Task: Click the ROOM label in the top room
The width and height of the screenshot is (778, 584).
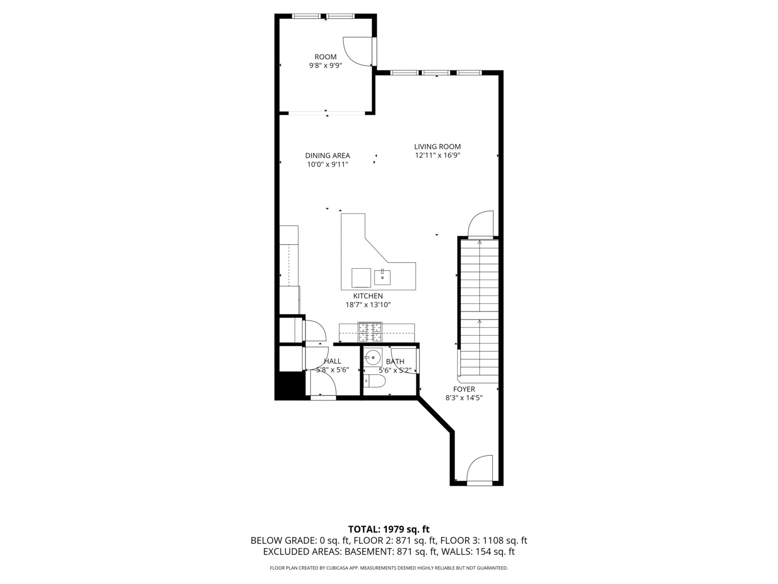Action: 325,57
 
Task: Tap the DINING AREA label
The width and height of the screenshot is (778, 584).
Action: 327,156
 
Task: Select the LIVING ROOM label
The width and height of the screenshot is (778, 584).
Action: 437,147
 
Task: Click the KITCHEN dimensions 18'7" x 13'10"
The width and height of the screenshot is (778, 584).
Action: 368,305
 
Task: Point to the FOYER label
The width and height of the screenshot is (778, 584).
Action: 464,389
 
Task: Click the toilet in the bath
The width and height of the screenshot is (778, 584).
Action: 375,382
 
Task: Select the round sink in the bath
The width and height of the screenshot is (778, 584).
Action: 373,357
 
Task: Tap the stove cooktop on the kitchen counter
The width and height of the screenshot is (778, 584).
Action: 370,333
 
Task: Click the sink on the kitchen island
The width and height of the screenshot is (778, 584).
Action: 382,277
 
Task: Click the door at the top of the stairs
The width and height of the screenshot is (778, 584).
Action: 481,224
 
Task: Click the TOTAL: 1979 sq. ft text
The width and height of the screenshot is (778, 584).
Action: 388,529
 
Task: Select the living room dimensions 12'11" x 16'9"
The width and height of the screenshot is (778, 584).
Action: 437,156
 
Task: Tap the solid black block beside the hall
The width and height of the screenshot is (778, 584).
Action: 289,386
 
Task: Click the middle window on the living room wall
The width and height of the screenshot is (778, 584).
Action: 435,72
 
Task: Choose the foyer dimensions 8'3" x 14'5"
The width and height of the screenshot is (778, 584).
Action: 464,398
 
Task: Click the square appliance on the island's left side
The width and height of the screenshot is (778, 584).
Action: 361,278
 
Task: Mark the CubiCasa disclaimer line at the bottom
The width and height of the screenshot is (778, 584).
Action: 388,568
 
